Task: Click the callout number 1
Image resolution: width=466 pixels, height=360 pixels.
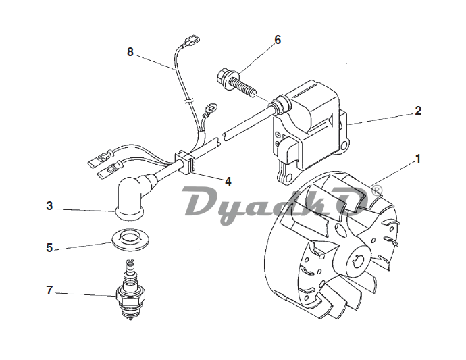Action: pos(418,159)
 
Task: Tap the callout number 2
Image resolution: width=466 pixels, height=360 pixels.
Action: pos(418,111)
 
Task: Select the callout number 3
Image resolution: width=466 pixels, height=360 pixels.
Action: pos(49,206)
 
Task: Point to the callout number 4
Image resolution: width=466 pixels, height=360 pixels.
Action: pos(228,181)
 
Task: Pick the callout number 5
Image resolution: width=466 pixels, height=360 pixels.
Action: pos(49,248)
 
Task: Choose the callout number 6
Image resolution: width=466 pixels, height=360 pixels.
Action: pos(278,40)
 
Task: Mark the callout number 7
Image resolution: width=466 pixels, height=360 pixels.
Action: pos(49,290)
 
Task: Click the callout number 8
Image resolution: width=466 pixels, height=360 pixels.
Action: pos(130,52)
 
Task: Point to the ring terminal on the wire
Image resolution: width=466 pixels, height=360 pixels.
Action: pos(212,107)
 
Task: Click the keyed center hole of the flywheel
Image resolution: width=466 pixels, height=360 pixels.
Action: pos(357,262)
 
